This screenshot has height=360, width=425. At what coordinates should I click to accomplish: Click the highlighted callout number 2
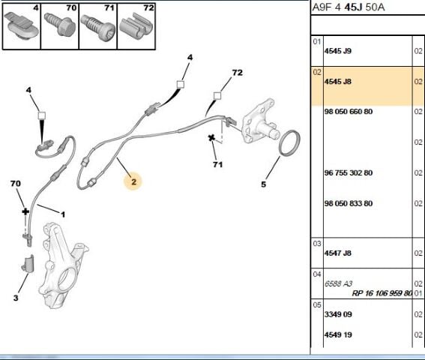point(133,181)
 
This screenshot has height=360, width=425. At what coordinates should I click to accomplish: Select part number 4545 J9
point(338,51)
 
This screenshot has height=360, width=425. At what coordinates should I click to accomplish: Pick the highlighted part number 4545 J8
point(338,82)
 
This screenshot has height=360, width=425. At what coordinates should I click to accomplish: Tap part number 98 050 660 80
point(349,112)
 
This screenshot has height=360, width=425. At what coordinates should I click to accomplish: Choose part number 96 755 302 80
point(349,172)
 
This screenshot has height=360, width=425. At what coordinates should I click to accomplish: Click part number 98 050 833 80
point(349,203)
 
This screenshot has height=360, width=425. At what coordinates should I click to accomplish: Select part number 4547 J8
point(338,253)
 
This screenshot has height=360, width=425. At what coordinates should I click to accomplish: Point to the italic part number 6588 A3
point(338,283)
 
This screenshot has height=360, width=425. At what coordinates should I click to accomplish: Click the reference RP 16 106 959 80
point(382,293)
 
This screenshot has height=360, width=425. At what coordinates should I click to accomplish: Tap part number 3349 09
point(338,314)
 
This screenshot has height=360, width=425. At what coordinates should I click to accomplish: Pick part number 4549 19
point(338,334)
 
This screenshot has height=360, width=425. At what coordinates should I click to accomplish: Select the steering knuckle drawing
point(64,265)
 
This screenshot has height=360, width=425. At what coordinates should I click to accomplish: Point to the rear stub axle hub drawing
point(259,121)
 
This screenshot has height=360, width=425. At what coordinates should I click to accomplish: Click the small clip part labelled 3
point(28,263)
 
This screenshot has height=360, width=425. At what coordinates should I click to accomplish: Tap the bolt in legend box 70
point(59,25)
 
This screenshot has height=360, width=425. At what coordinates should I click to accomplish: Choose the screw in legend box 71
point(97,28)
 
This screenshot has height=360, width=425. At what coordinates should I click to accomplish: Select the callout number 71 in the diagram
point(217,164)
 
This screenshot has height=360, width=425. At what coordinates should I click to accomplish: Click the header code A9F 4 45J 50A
point(349,7)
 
